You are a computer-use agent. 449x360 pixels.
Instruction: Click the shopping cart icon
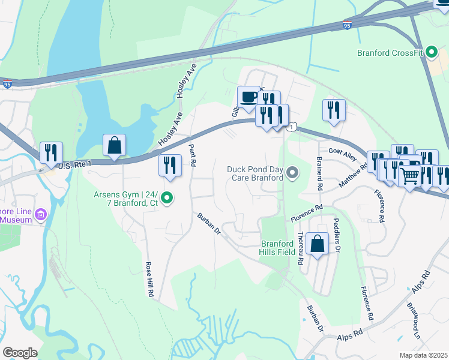[410, 176]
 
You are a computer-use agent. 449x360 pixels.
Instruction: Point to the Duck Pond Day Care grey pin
[292, 173]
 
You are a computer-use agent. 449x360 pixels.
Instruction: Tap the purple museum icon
[41, 214]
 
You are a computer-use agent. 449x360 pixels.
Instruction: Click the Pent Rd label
[193, 155]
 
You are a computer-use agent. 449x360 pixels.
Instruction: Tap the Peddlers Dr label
[337, 234]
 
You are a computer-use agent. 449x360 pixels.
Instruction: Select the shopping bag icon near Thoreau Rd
[317, 244]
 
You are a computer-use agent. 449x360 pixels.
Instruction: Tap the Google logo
[20, 353]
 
